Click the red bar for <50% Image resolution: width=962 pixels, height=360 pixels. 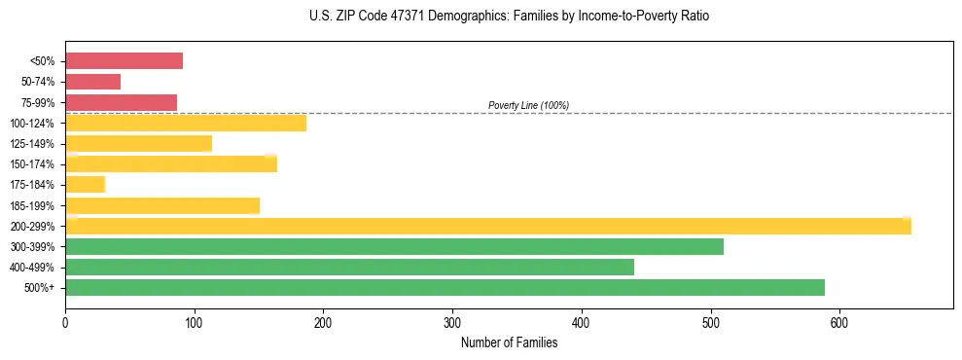(124, 60)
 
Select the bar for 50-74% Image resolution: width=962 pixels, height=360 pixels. (92, 82)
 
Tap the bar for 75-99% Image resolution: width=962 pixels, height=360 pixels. (121, 102)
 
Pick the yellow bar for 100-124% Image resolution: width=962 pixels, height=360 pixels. (186, 123)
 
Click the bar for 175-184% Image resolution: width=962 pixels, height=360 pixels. (85, 185)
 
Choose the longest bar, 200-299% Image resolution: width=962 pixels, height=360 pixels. (487, 226)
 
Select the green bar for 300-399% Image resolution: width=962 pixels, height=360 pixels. (394, 246)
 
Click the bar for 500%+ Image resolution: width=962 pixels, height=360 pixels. (445, 288)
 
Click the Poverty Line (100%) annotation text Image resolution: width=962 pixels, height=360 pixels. (528, 105)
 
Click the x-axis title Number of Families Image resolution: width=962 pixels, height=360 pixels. (509, 342)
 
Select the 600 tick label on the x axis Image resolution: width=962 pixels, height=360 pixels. (839, 322)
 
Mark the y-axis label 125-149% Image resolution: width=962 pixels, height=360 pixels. (32, 144)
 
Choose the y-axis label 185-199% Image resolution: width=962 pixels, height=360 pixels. (32, 205)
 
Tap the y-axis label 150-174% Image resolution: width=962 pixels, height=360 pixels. (32, 164)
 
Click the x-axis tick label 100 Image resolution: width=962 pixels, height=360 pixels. (195, 322)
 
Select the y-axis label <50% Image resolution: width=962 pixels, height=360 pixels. (42, 61)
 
